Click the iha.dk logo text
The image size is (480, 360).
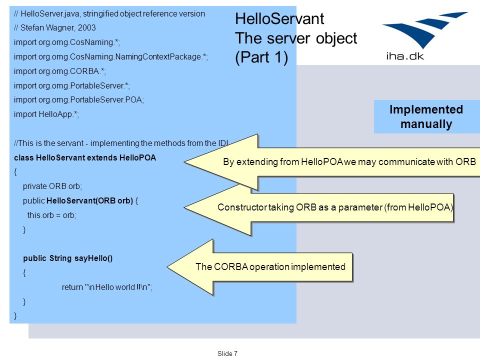pyautogui.click(x=404, y=56)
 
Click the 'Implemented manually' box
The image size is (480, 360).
pyautogui.click(x=426, y=116)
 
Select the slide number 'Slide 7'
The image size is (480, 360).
pyautogui.click(x=227, y=353)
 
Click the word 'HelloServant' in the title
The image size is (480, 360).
pyautogui.click(x=279, y=18)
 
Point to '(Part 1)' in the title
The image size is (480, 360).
pyautogui.click(x=261, y=57)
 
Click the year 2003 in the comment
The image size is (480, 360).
pyautogui.click(x=86, y=28)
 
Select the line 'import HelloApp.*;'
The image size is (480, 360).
pyautogui.click(x=46, y=114)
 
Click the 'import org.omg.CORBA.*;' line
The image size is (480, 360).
pyautogui.click(x=59, y=71)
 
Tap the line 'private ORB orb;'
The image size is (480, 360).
pyautogui.click(x=52, y=186)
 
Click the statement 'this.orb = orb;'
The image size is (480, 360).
pyautogui.click(x=51, y=215)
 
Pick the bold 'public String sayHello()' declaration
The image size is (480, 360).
pyautogui.click(x=68, y=258)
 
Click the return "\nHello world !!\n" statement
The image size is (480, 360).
pyautogui.click(x=107, y=287)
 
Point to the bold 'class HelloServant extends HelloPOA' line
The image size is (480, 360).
pyautogui.click(x=85, y=157)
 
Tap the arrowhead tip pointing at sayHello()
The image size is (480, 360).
pyautogui.click(x=167, y=267)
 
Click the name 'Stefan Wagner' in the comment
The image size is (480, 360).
pyautogui.click(x=47, y=28)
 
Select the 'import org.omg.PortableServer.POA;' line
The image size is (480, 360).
pyautogui.click(x=78, y=100)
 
